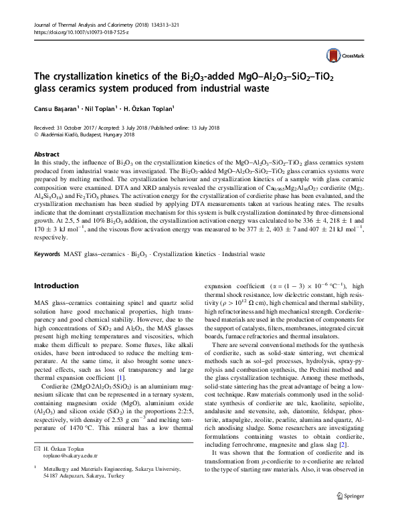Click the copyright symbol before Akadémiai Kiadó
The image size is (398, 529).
(x=35, y=134)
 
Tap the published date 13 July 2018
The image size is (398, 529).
(x=205, y=126)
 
